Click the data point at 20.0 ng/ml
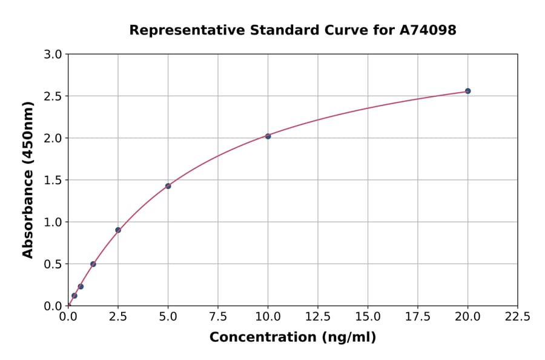pos(467,91)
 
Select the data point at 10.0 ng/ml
pos(268,136)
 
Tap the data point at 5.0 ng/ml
pos(168,186)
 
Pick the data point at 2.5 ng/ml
pos(118,230)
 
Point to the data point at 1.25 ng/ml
pos(93,264)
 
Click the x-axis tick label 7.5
pos(218,317)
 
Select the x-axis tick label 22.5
pos(517,317)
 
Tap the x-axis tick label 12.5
pos(318,317)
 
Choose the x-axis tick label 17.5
pos(417,317)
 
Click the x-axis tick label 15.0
pos(368,317)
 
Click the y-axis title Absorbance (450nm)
pos(28,180)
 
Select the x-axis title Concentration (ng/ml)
pos(292,338)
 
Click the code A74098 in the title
pos(429,30)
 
